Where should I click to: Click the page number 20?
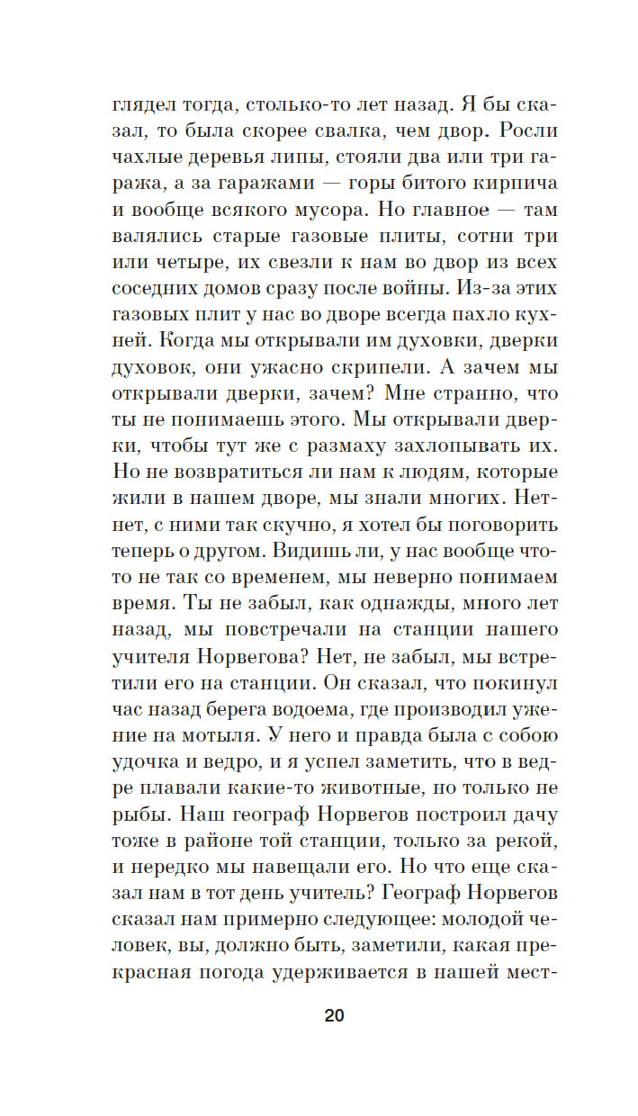[x=333, y=1016]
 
